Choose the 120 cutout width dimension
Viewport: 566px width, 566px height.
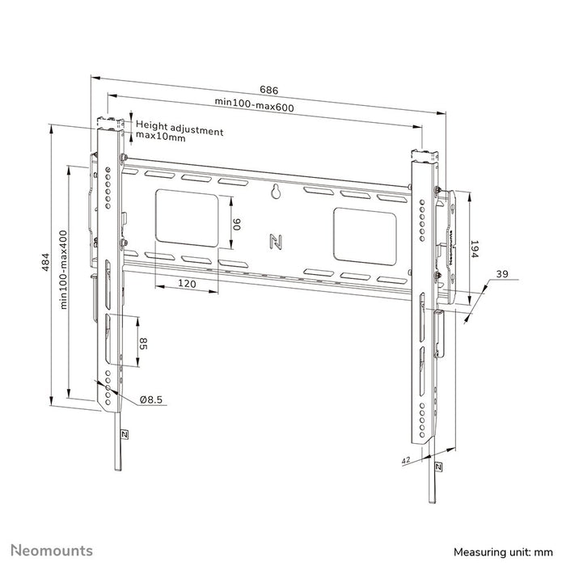[187, 284]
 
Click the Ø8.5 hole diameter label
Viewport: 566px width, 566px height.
[151, 399]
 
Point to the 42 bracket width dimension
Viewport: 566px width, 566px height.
[405, 459]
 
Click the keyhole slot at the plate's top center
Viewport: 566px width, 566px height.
[275, 192]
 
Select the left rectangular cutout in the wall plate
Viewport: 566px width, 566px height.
[186, 216]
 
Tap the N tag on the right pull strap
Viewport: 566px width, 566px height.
[437, 467]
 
